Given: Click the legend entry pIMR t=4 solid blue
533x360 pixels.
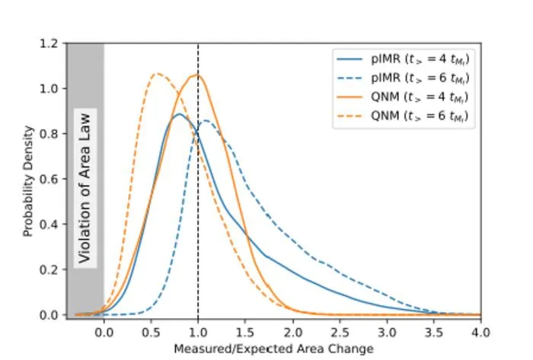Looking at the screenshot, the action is pos(403,59).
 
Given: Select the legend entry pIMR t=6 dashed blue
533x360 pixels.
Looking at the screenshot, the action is pos(403,78).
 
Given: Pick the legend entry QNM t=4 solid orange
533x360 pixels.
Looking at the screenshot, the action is pos(403,97).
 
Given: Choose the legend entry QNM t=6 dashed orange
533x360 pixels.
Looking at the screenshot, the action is pos(403,116).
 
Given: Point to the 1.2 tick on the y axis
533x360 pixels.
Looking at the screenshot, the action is pos(49,43).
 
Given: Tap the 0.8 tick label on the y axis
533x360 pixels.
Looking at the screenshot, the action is pos(49,134).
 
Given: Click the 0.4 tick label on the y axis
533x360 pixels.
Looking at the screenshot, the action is pos(49,225).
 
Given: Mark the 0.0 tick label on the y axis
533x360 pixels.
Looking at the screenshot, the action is pos(49,315).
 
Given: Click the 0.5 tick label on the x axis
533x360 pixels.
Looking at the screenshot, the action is pos(151,333).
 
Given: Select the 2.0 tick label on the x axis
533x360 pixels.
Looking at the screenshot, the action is pos(292,333).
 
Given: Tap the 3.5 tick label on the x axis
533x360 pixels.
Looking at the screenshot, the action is pos(434,333).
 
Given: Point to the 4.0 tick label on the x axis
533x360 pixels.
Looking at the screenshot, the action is pos(480,333).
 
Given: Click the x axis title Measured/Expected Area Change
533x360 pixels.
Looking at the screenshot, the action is pos(273,349).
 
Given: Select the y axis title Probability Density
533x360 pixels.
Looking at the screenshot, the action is pos(28,181).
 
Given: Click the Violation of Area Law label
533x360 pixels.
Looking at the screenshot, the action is pos(85,188).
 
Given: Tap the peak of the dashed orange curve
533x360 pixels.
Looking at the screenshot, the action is pos(157,73).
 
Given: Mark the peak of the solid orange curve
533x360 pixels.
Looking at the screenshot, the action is pos(196,75).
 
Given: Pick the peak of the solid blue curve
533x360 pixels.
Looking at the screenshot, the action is pos(179,113).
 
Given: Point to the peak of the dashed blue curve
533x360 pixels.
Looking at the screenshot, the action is pos(206,120).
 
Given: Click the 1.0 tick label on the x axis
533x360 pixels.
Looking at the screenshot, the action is pos(198,333).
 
